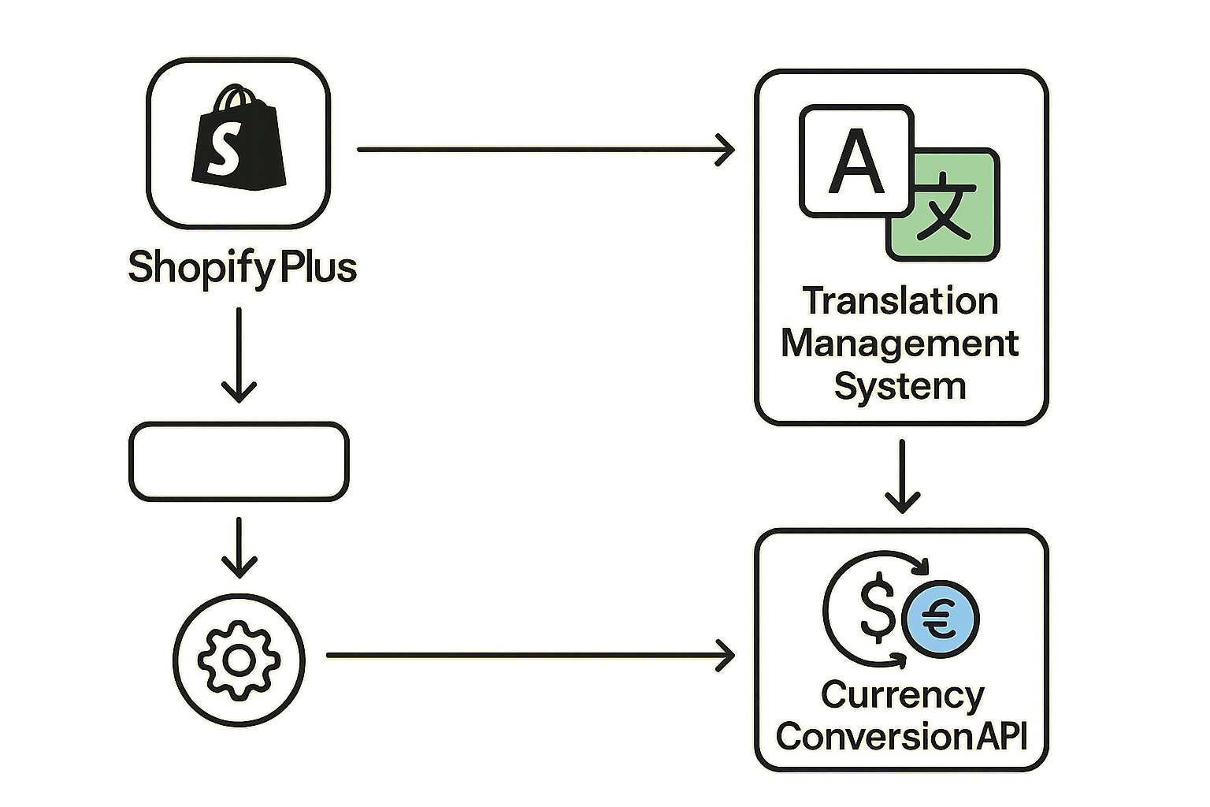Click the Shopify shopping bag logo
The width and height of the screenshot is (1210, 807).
pyautogui.click(x=238, y=142)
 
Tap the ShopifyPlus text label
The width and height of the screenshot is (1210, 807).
pyautogui.click(x=242, y=267)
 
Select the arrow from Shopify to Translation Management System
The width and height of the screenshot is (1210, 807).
pyautogui.click(x=544, y=148)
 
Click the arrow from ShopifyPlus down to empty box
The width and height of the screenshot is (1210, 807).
pyautogui.click(x=239, y=355)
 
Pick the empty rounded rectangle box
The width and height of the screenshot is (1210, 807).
pyautogui.click(x=239, y=462)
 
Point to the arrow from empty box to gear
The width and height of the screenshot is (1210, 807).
pyautogui.click(x=239, y=547)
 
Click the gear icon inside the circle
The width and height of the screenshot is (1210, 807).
pyautogui.click(x=239, y=660)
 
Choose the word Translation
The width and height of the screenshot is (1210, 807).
pyautogui.click(x=900, y=302)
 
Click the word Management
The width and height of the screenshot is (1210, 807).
pyautogui.click(x=900, y=344)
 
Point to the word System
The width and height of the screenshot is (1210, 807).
pyautogui.click(x=900, y=386)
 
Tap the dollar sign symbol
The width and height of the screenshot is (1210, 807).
pyautogui.click(x=877, y=609)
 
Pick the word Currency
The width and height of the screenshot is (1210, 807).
pyautogui.click(x=902, y=695)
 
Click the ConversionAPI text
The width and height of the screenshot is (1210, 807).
pyautogui.click(x=902, y=737)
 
